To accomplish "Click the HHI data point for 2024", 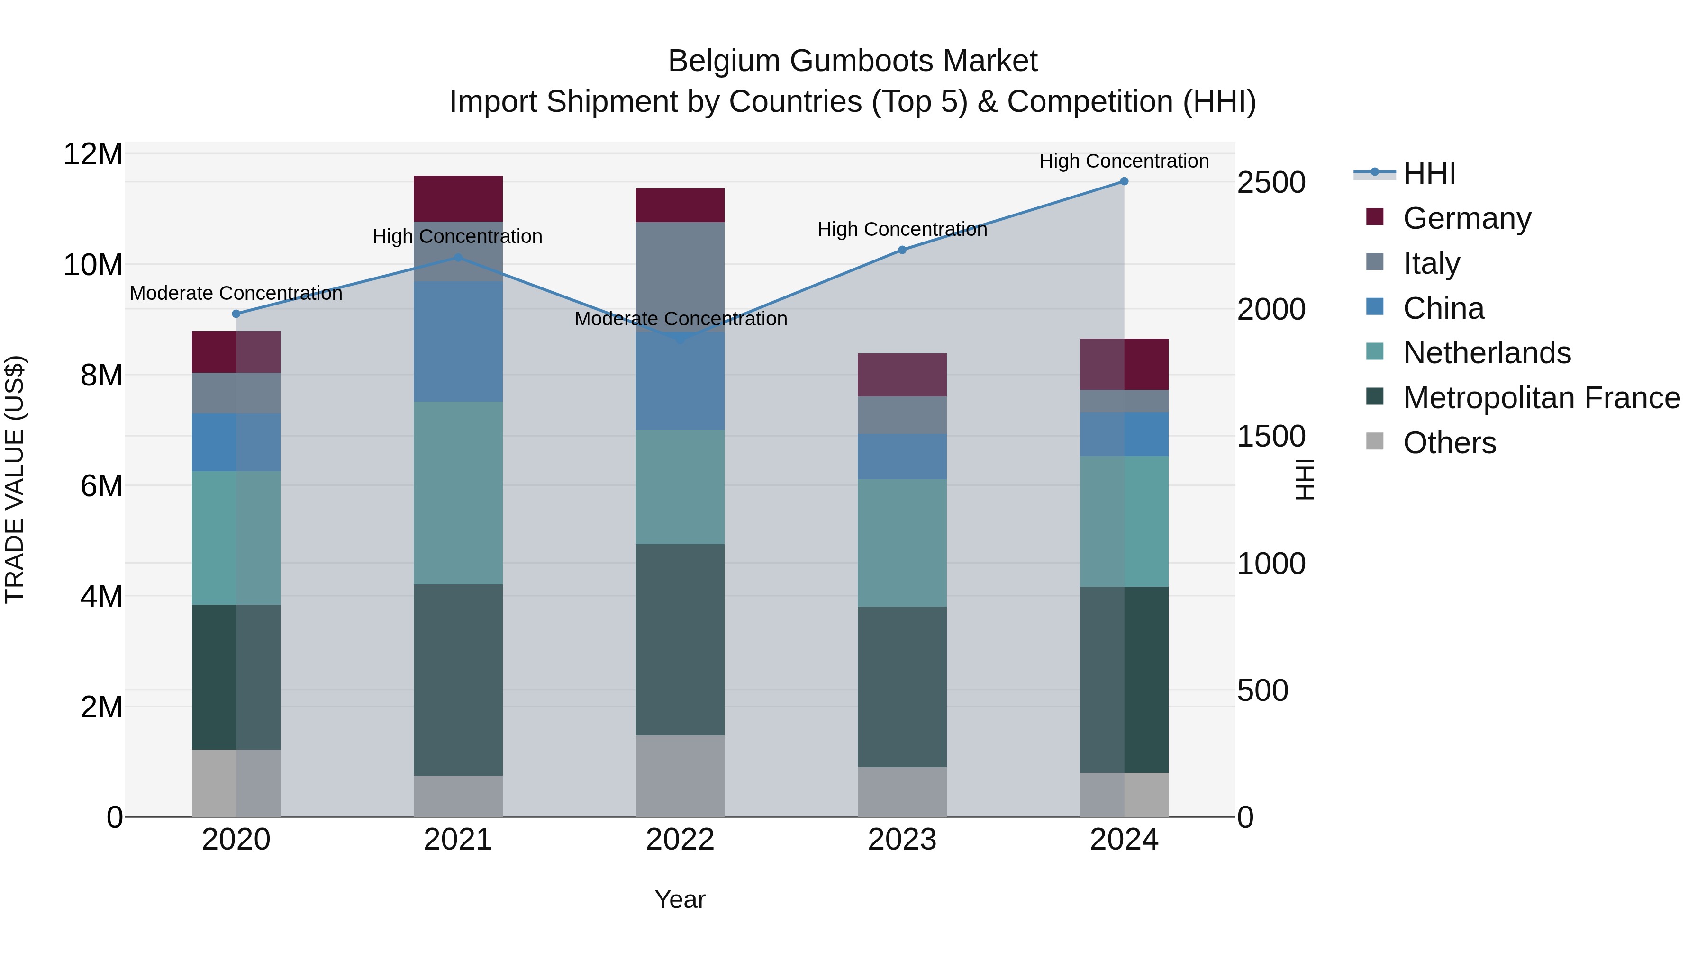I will (1124, 181).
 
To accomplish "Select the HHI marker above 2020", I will (236, 314).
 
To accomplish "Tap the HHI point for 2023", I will (902, 250).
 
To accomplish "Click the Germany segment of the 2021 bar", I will (458, 198).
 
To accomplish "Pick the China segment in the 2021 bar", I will (458, 341).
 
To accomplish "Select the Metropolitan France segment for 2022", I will (680, 639).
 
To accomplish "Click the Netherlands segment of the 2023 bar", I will (902, 543).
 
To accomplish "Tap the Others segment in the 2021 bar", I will (458, 796).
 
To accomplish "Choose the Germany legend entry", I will (1467, 218).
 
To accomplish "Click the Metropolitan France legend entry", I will (1541, 398).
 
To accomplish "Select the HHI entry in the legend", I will (1429, 173).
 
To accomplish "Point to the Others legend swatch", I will (1375, 441).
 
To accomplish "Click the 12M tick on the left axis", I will (93, 154).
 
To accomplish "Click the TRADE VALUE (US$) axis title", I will (15, 479).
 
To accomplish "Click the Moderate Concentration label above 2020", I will (236, 293).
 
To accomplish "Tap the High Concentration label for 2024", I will (1124, 161).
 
